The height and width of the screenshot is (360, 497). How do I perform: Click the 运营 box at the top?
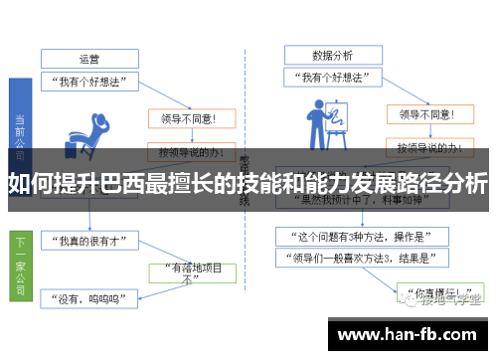pyautogui.click(x=90, y=56)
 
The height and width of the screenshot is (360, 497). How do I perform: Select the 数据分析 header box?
pyautogui.click(x=332, y=55)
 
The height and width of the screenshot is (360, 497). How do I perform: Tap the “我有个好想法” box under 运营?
pyautogui.click(x=90, y=82)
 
